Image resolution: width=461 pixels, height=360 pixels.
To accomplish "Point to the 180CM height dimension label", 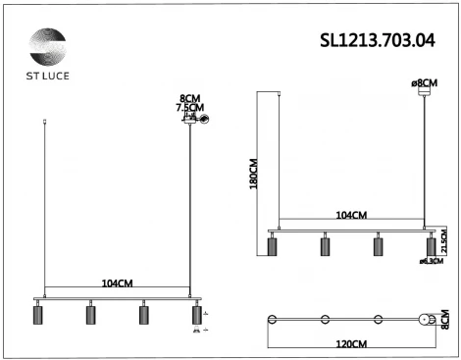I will coord(253,173).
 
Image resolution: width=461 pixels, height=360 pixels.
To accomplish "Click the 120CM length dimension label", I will coord(351,343).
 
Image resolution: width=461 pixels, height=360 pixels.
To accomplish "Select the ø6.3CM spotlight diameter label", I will coord(431,262).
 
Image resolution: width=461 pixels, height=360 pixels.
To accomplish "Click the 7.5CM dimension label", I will coord(189,109).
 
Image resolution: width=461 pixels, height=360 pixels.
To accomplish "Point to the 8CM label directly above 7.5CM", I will coord(189,98).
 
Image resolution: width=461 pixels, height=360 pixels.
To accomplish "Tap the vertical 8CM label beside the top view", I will coord(443,321).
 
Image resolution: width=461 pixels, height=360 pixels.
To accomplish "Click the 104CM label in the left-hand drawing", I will coord(117,283).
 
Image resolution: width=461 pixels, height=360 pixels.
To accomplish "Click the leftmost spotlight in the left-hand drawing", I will coord(40,316).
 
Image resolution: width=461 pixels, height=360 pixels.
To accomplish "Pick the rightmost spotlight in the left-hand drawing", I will coord(195,316).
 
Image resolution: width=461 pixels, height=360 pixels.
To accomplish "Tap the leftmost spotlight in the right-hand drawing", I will coord(272,245).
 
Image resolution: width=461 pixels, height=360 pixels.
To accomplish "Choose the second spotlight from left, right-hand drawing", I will coord(325,245).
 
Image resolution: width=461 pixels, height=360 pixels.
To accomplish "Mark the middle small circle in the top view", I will coord(325,320).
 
